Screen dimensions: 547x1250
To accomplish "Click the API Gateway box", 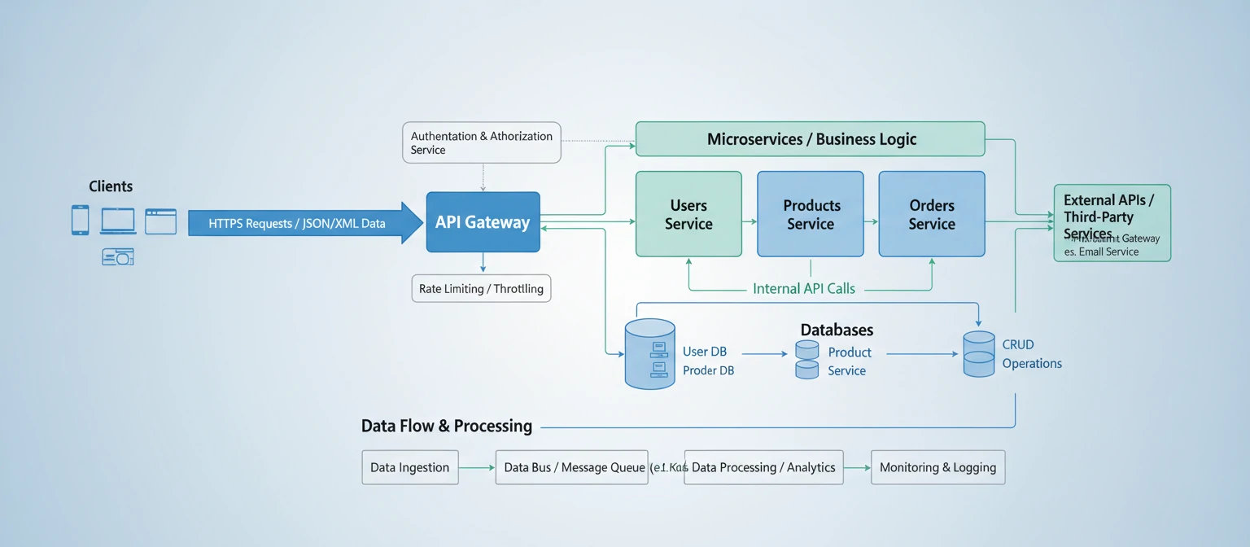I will [x=483, y=222].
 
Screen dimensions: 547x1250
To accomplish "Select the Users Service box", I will [x=688, y=214].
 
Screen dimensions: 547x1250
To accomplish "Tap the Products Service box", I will [x=810, y=214].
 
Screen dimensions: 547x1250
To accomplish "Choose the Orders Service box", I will [x=931, y=214].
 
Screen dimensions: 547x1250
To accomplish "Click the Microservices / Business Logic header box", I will [x=810, y=139].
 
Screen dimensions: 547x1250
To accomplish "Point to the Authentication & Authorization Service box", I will [x=482, y=142].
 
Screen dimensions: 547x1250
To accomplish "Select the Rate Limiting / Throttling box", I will [x=481, y=289].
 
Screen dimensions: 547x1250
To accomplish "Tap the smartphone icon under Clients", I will [x=80, y=220].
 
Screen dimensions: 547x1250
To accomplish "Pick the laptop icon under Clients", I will [x=118, y=221].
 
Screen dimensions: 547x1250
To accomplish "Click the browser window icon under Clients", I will [x=160, y=221].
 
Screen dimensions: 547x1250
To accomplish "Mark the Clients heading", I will [x=111, y=186].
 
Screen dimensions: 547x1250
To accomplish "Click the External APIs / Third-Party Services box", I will [x=1112, y=222].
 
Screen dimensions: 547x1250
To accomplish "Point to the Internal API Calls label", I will [x=804, y=289].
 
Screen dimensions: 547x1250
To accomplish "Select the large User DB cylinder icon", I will [x=649, y=353].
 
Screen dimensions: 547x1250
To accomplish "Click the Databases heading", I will [x=837, y=330].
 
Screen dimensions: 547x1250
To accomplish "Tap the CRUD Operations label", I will [x=1031, y=354].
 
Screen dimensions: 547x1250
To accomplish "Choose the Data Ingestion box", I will [x=409, y=467].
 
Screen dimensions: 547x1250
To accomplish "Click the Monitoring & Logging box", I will [x=937, y=467].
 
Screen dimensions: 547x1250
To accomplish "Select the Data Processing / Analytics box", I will [x=763, y=467].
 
